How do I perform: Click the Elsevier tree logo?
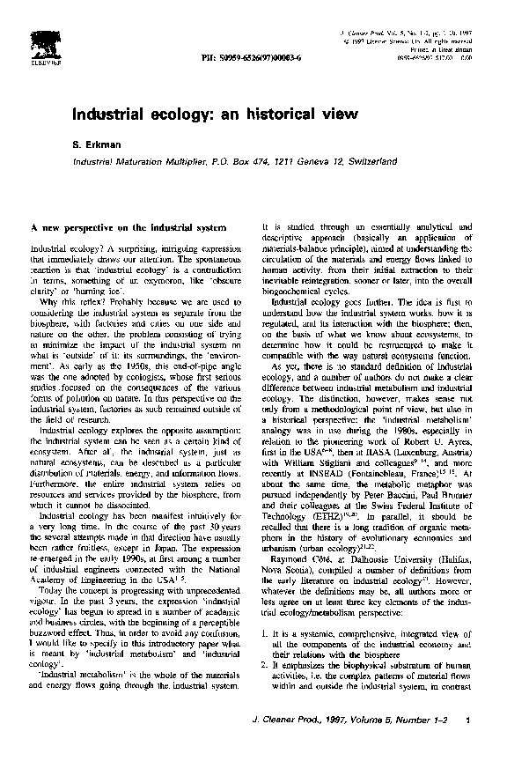pos(40,42)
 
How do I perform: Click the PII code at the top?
pos(247,57)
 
